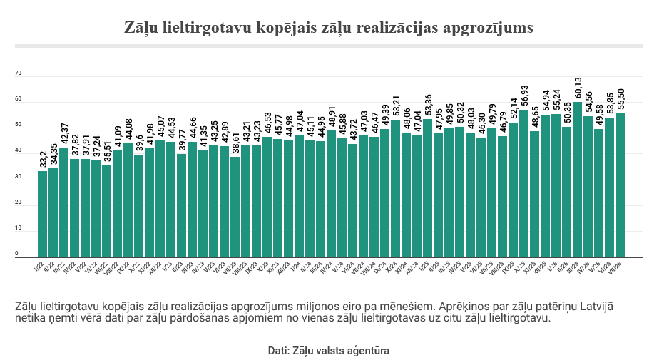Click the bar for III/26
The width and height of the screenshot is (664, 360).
point(577,180)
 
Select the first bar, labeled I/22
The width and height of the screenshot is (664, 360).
point(42,214)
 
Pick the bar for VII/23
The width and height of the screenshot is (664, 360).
point(235,207)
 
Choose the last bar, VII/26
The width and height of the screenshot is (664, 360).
point(620,185)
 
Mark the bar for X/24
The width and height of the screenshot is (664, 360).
point(396,189)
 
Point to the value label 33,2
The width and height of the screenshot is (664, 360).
point(43,160)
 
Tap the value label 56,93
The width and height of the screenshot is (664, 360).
point(524,97)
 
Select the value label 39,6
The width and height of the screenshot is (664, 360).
point(139,144)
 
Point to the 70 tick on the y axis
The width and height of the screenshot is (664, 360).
point(18,73)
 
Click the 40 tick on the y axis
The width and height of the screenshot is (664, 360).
point(18,150)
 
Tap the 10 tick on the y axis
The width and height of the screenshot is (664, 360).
point(18,228)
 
